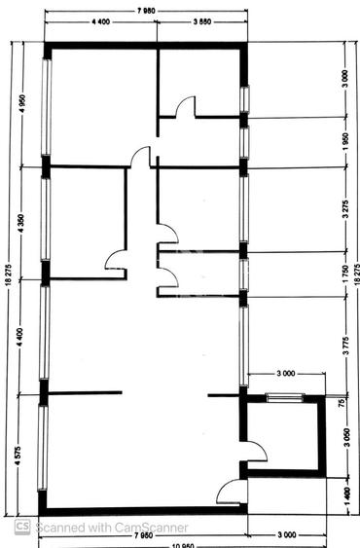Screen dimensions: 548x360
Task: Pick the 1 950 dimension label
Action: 344,143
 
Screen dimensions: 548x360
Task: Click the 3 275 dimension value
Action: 344,211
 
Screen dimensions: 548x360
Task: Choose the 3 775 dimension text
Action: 344,347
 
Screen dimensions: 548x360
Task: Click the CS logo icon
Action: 20,527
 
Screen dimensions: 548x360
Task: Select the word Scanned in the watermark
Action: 58,527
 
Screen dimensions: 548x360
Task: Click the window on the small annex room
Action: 284,396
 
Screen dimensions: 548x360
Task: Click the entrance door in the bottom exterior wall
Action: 230,493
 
